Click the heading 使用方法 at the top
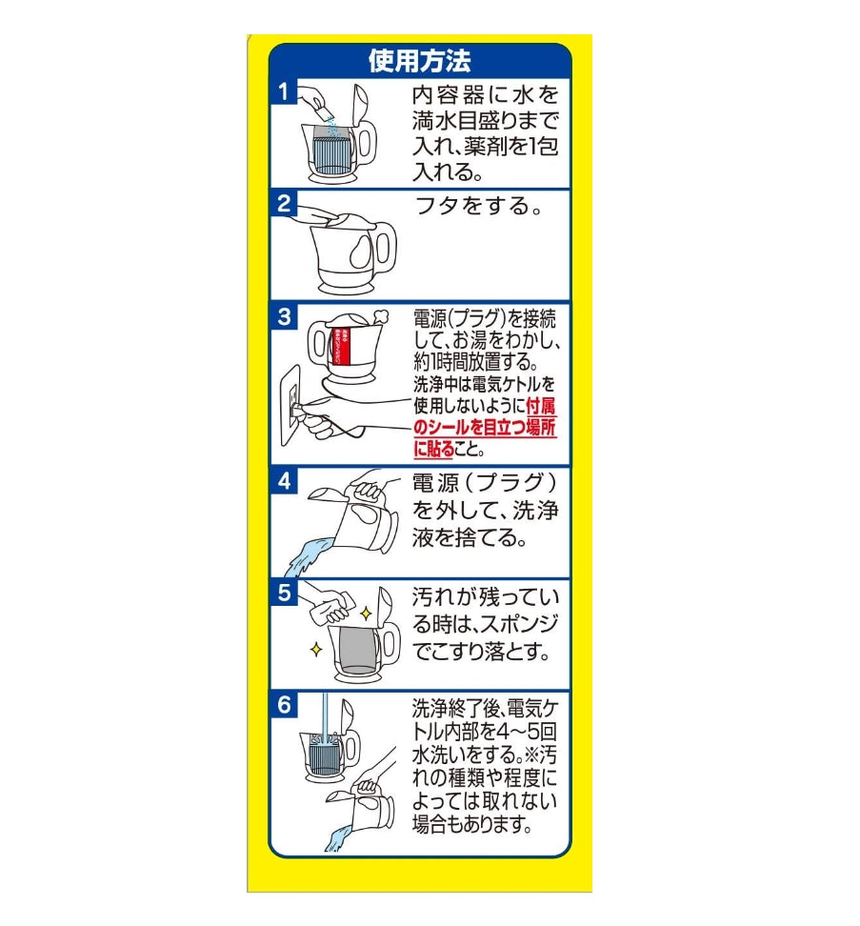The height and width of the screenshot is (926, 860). [x=419, y=60]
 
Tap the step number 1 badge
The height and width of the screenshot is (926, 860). [x=283, y=92]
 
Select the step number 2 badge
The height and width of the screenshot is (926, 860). [x=283, y=203]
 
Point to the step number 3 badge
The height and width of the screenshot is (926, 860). [x=284, y=316]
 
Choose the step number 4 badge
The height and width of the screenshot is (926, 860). [x=284, y=481]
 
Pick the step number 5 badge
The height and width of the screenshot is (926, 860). [x=284, y=592]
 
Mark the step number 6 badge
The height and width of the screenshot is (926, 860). [x=284, y=705]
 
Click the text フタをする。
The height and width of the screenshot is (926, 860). [x=479, y=206]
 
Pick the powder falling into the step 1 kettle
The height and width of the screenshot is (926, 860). [x=327, y=121]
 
